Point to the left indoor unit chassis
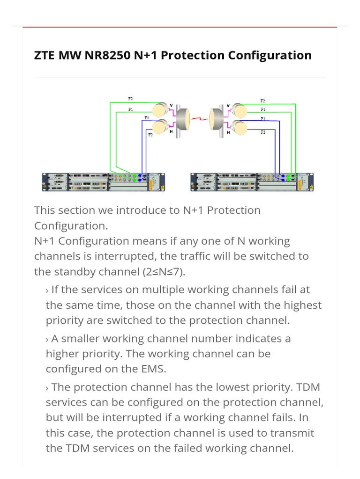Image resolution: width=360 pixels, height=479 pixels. (x=103, y=181)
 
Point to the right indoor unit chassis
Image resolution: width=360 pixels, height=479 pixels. (x=252, y=181)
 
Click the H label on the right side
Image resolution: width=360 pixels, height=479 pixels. (x=228, y=133)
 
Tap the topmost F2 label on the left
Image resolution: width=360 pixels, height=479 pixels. (x=130, y=99)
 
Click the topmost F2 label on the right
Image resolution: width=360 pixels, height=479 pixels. (x=262, y=101)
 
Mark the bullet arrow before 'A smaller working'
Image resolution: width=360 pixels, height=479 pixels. (x=47, y=339)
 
